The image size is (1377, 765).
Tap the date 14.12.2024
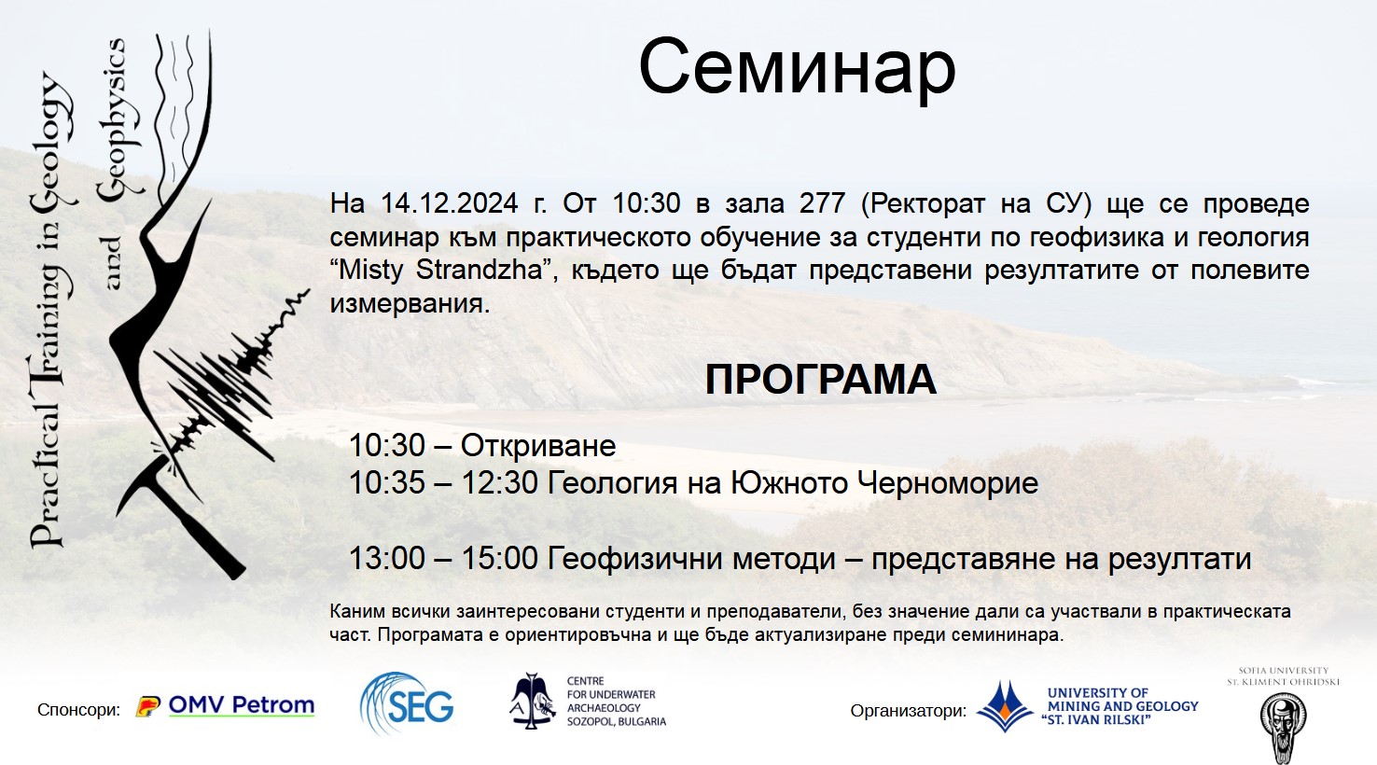450,203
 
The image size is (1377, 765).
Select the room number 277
822,203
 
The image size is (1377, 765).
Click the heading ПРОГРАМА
820,380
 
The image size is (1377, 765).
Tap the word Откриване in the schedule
538,446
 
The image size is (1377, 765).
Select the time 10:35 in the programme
386,483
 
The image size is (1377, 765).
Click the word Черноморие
947,483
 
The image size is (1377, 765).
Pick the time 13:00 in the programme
386,559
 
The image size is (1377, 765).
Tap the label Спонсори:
78,710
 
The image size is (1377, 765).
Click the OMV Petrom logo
225,706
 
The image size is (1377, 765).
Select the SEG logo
407,703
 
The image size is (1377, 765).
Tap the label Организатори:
908,711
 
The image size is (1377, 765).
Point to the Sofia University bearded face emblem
1283,728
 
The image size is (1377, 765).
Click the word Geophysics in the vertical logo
113,119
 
